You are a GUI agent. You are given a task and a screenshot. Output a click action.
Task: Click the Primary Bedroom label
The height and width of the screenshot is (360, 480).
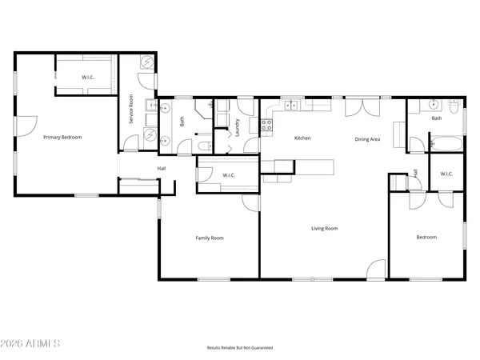pyautogui.click(x=62, y=138)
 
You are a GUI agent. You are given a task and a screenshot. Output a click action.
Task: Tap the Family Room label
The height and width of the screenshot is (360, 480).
pyautogui.click(x=210, y=238)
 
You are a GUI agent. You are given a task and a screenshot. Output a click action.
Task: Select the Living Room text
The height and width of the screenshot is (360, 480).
pyautogui.click(x=324, y=229)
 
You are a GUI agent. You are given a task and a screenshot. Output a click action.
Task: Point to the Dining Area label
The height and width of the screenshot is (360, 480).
pyautogui.click(x=367, y=139)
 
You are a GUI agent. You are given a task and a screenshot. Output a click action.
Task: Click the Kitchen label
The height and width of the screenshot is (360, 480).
pyautogui.click(x=302, y=138)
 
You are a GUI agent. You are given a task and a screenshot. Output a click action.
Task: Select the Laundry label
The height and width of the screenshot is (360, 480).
pyautogui.click(x=238, y=127)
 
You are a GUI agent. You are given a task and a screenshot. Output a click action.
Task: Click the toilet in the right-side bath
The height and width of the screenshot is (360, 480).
pyautogui.click(x=453, y=106)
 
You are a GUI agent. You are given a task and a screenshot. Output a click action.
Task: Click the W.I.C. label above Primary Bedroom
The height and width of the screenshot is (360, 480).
pyautogui.click(x=88, y=77)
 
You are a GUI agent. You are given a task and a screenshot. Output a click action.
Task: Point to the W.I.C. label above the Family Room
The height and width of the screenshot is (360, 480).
pyautogui.click(x=227, y=175)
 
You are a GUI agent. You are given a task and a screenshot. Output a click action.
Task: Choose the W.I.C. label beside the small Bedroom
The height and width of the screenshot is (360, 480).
pyautogui.click(x=446, y=174)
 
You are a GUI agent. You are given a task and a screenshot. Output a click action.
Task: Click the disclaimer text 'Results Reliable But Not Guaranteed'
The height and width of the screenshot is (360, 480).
pyautogui.click(x=240, y=348)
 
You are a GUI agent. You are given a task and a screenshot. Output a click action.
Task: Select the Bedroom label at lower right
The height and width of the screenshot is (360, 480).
pyautogui.click(x=426, y=237)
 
